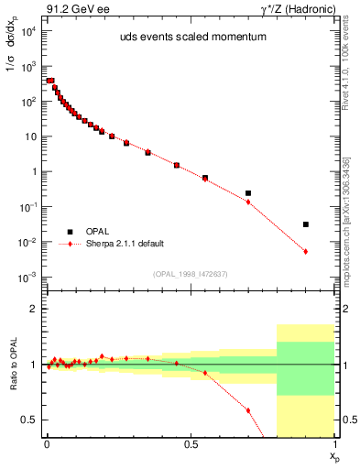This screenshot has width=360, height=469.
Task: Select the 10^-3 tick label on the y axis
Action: click(x=27, y=278)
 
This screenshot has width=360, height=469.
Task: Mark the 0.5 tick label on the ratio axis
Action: click(x=29, y=420)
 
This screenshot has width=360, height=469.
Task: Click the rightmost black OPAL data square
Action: click(x=306, y=224)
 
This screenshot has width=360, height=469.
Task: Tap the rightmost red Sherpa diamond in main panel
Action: click(x=306, y=251)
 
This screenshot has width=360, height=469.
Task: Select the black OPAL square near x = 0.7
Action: click(x=248, y=193)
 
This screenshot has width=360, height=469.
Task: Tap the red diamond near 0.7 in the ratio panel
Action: click(x=248, y=410)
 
